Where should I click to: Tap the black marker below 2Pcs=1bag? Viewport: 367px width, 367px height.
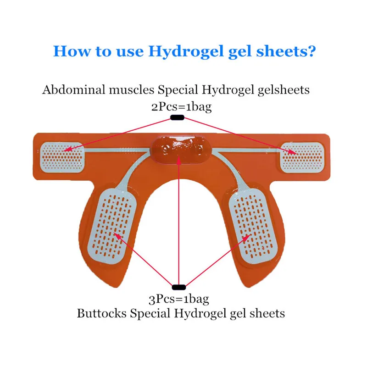coord(177,118)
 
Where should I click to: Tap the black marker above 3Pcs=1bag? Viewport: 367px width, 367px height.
coord(178,288)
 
